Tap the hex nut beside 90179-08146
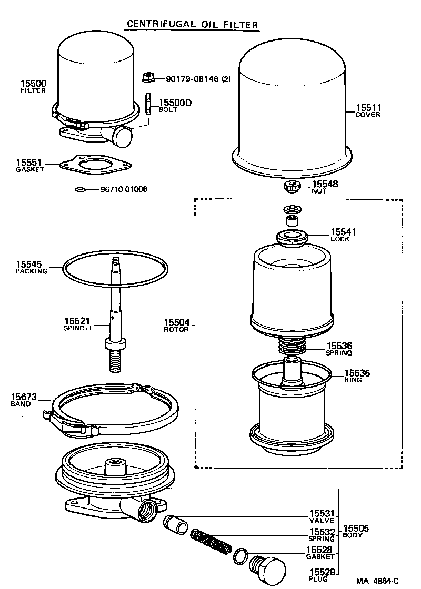(x=147, y=79)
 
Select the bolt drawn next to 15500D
(x=149, y=104)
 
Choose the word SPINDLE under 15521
(x=79, y=328)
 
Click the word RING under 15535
(x=353, y=380)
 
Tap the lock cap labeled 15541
(x=291, y=237)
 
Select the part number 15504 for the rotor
(x=176, y=322)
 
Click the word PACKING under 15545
(x=32, y=271)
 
